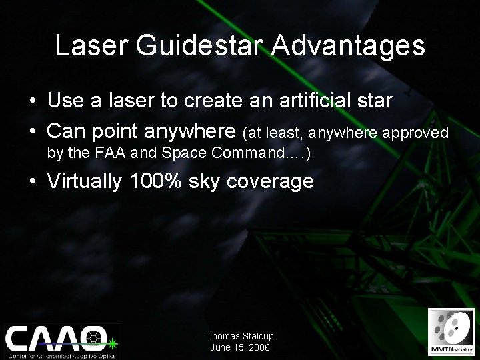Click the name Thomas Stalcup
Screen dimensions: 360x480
240,337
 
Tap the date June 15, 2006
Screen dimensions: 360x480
240,348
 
